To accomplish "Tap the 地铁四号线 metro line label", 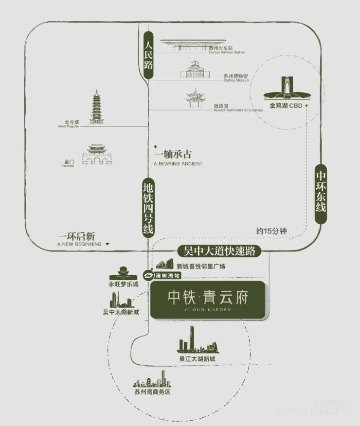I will click(148, 208).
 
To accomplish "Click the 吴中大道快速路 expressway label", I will click(219, 251).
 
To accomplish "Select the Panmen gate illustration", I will click(96, 155).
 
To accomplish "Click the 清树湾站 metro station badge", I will click(162, 275).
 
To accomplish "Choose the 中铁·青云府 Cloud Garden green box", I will click(207, 300).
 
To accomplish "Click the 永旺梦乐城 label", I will click(124, 284).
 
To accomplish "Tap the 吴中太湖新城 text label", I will click(121, 312).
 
